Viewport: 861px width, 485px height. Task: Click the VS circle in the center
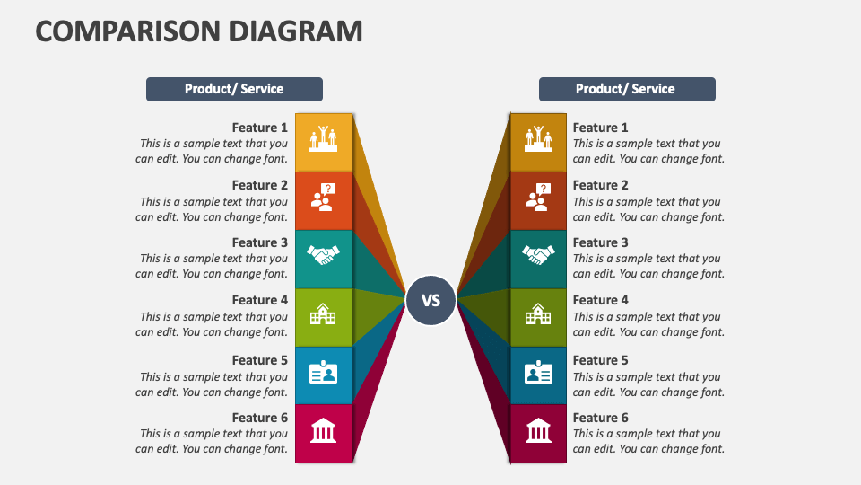[430, 300]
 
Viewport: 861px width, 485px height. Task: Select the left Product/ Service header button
[234, 89]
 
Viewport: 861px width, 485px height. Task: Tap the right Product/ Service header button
[627, 89]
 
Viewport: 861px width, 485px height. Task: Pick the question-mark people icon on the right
[539, 198]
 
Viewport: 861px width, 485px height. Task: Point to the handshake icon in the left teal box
[323, 255]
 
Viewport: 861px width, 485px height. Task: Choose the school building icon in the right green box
[538, 314]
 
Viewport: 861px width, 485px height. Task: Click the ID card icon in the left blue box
[323, 372]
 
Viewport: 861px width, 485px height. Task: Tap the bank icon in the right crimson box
[538, 430]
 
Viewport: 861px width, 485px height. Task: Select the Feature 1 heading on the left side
[260, 128]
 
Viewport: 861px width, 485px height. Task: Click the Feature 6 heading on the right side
[600, 418]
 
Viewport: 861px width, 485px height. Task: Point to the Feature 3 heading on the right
[600, 242]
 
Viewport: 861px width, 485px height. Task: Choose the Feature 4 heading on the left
[260, 300]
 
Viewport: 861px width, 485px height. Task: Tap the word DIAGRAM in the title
[296, 31]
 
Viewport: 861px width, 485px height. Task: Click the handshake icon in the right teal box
[538, 255]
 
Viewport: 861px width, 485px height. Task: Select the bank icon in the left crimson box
[323, 430]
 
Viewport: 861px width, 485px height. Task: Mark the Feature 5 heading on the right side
[600, 360]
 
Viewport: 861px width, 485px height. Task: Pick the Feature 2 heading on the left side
[260, 185]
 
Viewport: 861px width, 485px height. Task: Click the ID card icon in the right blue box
[538, 372]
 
